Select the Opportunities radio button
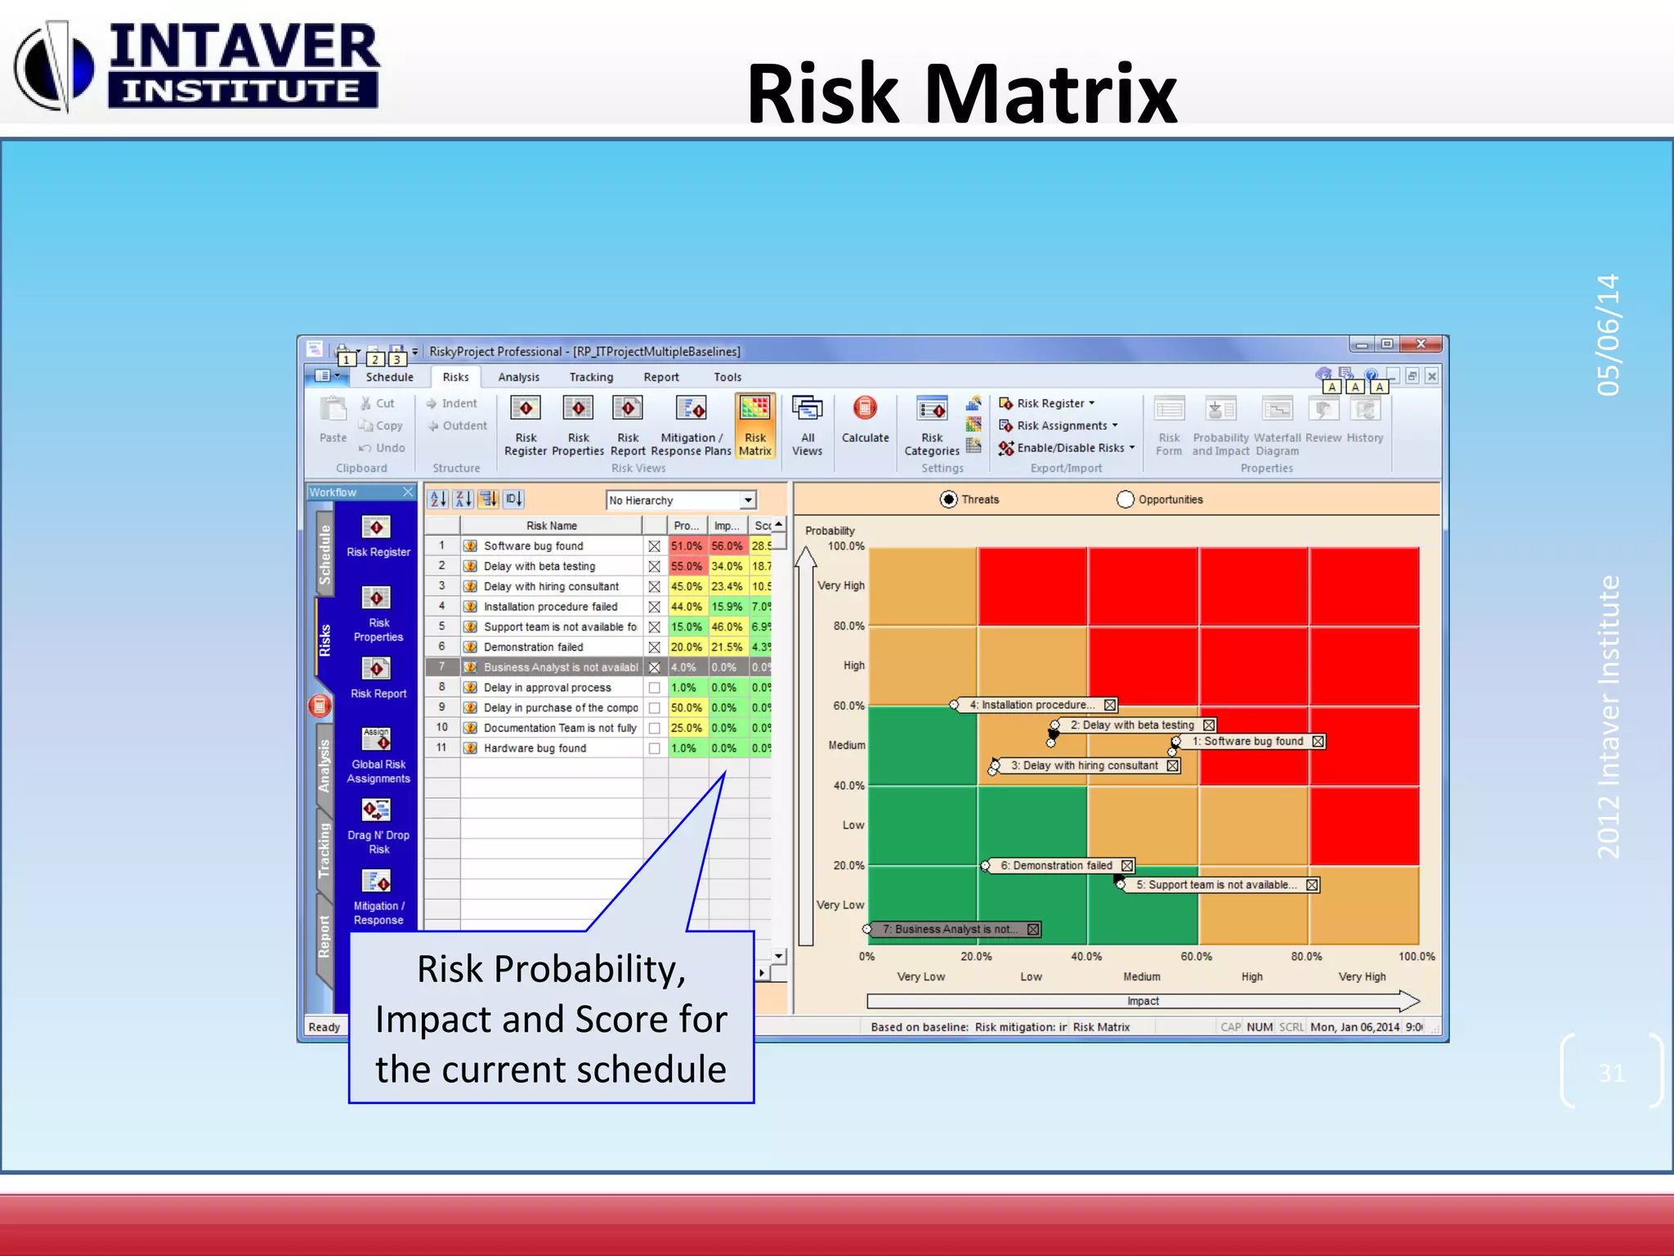[x=1126, y=500]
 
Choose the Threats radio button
[x=948, y=500]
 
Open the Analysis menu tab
[x=518, y=377]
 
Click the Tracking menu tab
[x=591, y=377]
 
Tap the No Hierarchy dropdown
[x=681, y=500]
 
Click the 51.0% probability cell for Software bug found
[x=687, y=546]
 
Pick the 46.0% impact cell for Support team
[x=726, y=627]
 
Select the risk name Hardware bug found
[x=535, y=748]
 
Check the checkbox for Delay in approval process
[x=654, y=688]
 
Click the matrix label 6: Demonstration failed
[x=1056, y=866]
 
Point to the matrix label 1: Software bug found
[x=1247, y=742]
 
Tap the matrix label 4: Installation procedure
[x=1034, y=705]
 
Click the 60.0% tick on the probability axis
[x=848, y=706]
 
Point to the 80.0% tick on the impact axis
[x=1306, y=957]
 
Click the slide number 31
[x=1611, y=1073]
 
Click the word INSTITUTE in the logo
[x=242, y=91]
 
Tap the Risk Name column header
[x=551, y=526]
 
